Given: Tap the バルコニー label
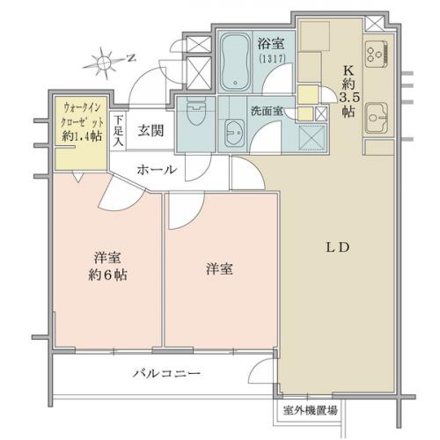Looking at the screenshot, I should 167,374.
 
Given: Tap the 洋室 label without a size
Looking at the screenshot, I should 219,270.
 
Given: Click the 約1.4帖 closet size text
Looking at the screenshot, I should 80,137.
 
